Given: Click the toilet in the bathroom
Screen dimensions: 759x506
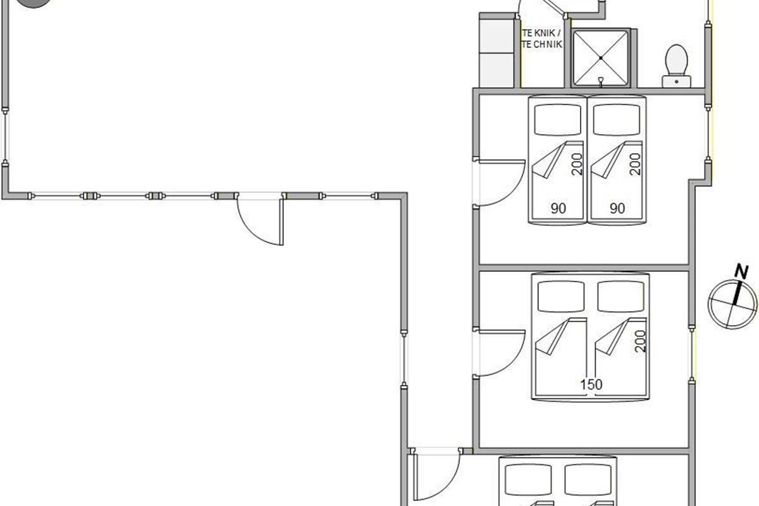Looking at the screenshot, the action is pyautogui.click(x=676, y=66).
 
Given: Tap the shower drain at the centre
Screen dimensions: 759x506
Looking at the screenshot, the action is pyautogui.click(x=601, y=58).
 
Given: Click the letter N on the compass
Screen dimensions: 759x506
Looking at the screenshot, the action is pyautogui.click(x=741, y=272).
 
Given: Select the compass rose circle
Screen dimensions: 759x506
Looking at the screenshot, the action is pyautogui.click(x=732, y=304).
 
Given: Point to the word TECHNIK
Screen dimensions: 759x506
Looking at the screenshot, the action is pyautogui.click(x=542, y=44).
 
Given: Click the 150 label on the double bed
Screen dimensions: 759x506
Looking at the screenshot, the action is pyautogui.click(x=591, y=385).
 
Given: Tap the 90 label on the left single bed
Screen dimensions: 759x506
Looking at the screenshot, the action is pyautogui.click(x=558, y=209).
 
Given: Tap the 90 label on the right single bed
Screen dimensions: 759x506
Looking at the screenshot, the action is pyautogui.click(x=617, y=209).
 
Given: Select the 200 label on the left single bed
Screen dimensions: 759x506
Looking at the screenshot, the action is pyautogui.click(x=577, y=164).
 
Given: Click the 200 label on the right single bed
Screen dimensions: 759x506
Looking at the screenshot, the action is pyautogui.click(x=635, y=164).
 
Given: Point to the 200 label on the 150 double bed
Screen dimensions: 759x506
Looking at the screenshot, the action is pyautogui.click(x=641, y=342).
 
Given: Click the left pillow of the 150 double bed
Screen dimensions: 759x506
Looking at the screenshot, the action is pyautogui.click(x=561, y=297).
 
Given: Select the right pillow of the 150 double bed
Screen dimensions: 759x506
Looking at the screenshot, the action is pyautogui.click(x=620, y=297).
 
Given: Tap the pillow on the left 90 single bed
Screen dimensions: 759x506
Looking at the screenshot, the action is pyautogui.click(x=558, y=120).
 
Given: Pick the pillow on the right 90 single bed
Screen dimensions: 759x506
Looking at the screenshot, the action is pyautogui.click(x=617, y=120).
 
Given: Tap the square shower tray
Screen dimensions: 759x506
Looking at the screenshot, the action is pyautogui.click(x=600, y=58).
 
